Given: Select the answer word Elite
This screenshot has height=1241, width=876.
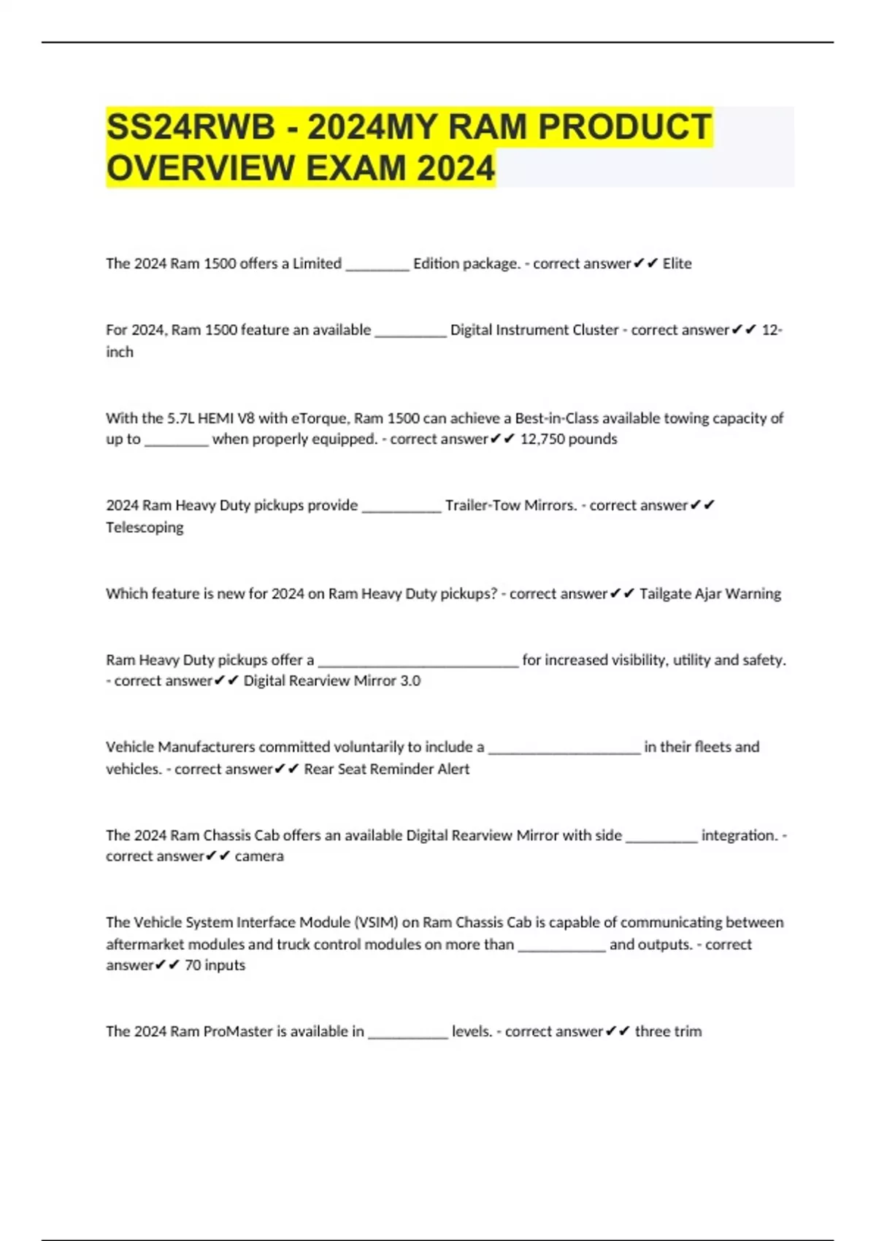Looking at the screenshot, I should coord(677,264).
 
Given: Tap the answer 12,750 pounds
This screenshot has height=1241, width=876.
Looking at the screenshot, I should coord(569,439).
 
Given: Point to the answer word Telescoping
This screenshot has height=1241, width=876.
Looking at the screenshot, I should coord(145,527).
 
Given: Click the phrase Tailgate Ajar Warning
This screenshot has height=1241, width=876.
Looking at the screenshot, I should coord(710,593).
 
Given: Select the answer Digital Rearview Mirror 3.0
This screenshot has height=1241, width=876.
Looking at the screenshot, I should coord(332,680).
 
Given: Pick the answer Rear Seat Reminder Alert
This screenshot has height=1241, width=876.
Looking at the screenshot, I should coord(387,769).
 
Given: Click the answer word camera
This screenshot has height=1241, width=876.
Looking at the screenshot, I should coord(259,856).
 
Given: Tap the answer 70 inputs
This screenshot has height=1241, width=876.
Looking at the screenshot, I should coord(215,965).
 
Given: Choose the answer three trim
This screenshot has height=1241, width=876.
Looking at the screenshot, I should coord(668,1031).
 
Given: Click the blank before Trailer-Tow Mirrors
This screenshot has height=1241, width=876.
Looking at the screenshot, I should coord(401,508).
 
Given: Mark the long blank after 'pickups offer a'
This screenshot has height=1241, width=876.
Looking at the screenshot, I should coord(418,663).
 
